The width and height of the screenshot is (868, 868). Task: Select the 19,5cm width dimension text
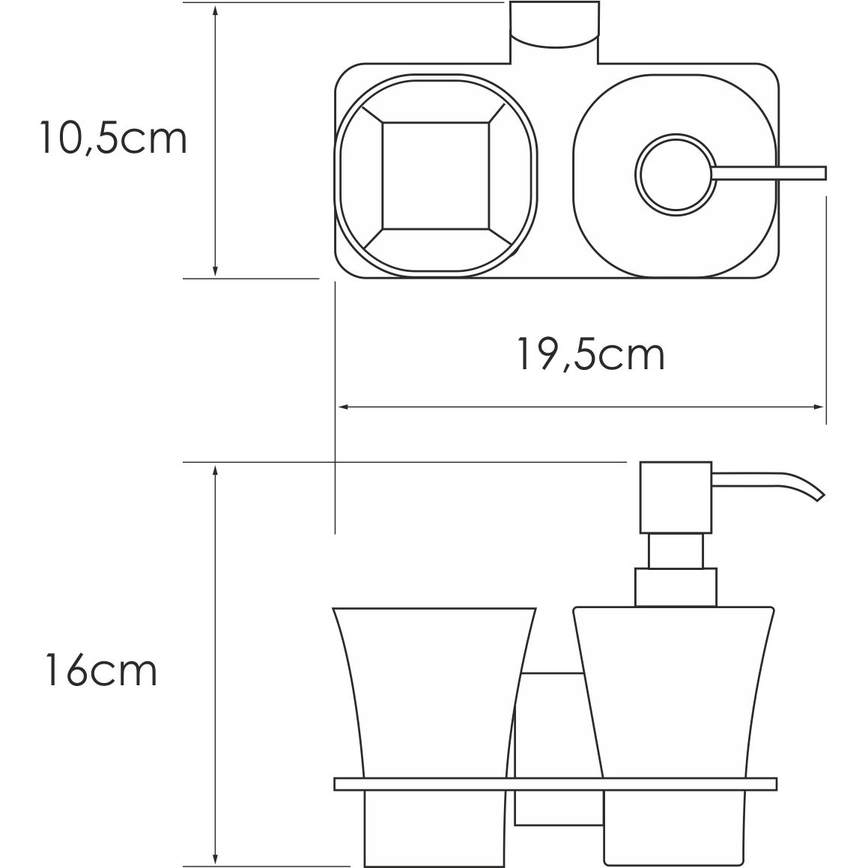tap(590, 355)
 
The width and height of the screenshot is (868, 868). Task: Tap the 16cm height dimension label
tap(100, 670)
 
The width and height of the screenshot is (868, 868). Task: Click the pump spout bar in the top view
tap(771, 173)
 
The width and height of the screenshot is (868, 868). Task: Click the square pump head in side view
tap(675, 497)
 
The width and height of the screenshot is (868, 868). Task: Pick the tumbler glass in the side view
tap(435, 689)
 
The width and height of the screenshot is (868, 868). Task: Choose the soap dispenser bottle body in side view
tap(673, 689)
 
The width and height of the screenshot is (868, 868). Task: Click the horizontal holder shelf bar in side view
tap(555, 784)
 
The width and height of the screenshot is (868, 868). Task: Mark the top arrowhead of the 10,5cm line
tap(216, 10)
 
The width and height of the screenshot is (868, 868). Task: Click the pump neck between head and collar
tap(676, 551)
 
